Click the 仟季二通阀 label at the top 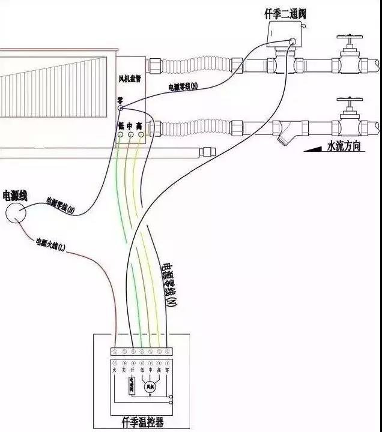click(x=285, y=13)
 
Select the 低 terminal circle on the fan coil click(x=120, y=135)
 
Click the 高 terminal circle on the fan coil click(x=141, y=135)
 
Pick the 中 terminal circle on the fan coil click(x=130, y=135)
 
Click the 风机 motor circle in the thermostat click(x=150, y=386)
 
